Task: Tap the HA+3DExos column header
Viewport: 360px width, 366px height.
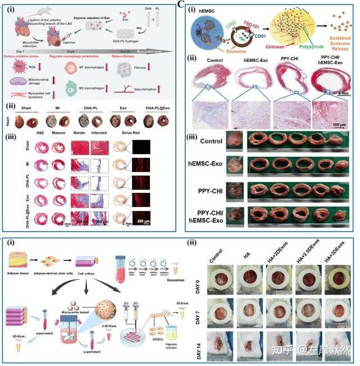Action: [x=336, y=254]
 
